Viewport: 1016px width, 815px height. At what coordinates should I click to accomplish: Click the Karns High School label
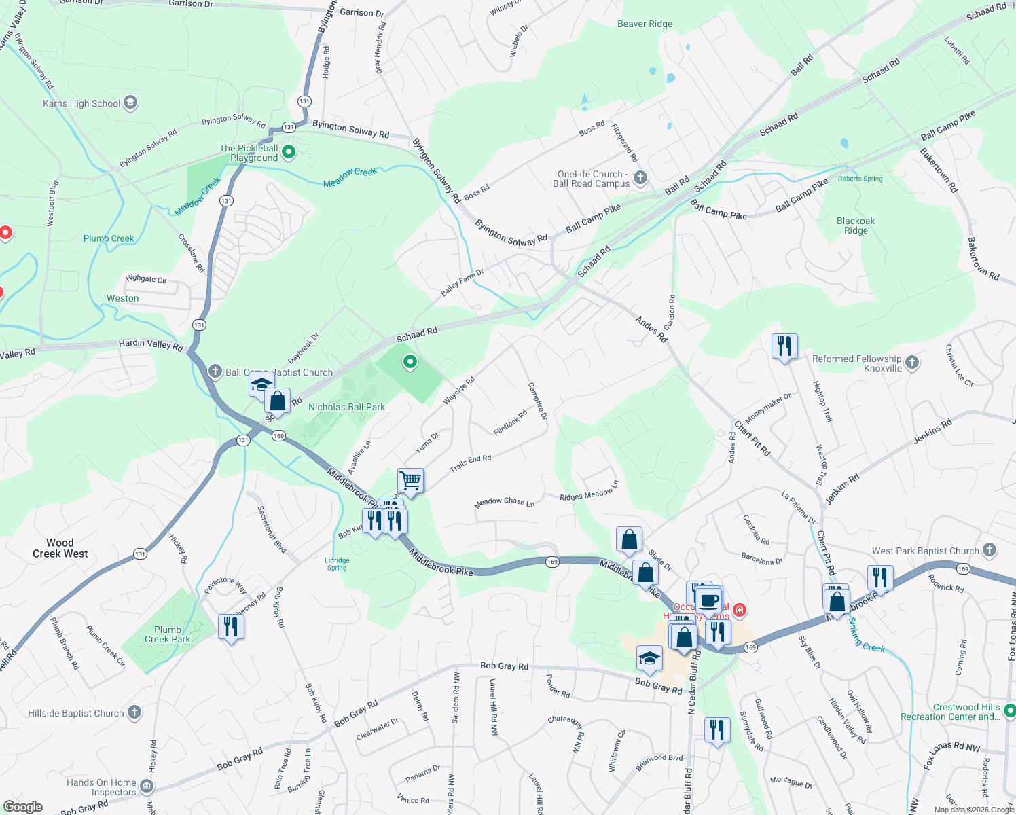[x=81, y=103]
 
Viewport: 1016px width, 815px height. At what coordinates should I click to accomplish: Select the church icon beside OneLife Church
[x=640, y=178]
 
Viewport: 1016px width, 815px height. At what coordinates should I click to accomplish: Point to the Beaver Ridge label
[x=645, y=24]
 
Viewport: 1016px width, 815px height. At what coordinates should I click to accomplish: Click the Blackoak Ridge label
[x=856, y=225]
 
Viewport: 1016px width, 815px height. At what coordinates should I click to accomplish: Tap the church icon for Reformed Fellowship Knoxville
[x=912, y=363]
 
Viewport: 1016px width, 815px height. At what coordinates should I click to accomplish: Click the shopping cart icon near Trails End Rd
[x=411, y=481]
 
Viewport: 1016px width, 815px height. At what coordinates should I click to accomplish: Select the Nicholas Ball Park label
[x=346, y=407]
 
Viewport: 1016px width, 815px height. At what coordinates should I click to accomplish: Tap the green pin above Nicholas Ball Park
[x=410, y=362]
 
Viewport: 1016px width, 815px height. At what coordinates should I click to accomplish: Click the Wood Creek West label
[x=60, y=548]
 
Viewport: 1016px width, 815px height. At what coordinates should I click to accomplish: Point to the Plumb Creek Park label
[x=167, y=634]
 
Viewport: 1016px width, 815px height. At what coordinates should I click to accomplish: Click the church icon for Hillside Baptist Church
[x=134, y=712]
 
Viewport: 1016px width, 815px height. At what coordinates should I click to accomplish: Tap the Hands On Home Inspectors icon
[x=147, y=786]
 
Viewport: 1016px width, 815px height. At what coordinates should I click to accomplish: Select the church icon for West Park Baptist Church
[x=990, y=550]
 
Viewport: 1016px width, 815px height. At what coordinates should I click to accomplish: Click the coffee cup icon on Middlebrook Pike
[x=709, y=600]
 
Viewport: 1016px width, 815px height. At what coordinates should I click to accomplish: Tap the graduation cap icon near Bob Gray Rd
[x=649, y=658]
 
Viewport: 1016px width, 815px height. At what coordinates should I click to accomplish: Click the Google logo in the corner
[x=22, y=807]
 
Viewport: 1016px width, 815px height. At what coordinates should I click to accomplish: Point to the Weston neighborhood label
[x=122, y=298]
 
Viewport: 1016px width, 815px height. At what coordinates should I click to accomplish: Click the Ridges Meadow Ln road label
[x=589, y=492]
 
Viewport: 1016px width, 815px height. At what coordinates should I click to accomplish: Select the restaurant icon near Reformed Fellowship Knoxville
[x=784, y=346]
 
